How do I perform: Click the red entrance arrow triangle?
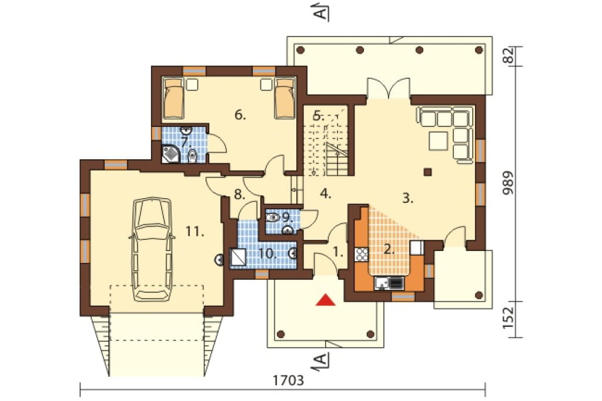(326, 300)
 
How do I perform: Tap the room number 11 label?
(195, 231)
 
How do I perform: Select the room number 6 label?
(240, 115)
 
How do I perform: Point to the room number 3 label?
(408, 198)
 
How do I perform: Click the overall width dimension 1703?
(288, 380)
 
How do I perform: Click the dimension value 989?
(509, 183)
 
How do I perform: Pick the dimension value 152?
(509, 318)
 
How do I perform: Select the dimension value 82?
(509, 55)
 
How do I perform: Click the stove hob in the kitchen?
(362, 253)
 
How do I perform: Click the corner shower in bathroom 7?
(170, 154)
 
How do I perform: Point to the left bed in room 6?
(173, 98)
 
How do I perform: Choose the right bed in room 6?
(285, 98)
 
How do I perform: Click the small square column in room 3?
(427, 172)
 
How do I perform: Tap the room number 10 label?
(267, 253)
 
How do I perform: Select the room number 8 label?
(239, 195)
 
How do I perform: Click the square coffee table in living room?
(439, 141)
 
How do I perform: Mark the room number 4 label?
(326, 193)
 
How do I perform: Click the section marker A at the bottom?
(322, 361)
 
